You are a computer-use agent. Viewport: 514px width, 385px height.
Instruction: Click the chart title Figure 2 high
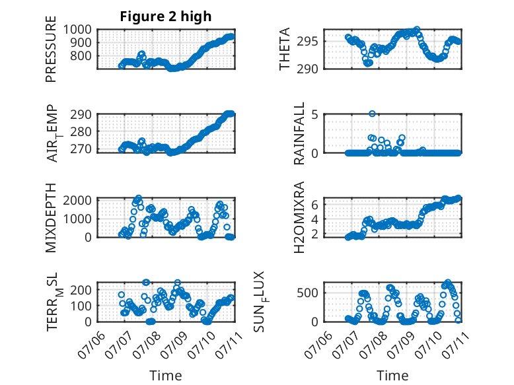(166, 17)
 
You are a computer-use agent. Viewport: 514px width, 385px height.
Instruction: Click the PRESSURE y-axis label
(51, 49)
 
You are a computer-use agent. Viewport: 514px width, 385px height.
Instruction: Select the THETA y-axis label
(285, 49)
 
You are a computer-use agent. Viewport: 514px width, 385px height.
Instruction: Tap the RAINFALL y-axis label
(299, 133)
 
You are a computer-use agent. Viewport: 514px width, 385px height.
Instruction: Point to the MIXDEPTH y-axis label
(51, 218)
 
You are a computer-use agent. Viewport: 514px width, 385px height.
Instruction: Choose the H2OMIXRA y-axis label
(299, 217)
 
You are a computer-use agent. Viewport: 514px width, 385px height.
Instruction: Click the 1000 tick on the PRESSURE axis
(77, 30)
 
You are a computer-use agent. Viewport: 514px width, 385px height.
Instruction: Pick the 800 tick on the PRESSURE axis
(81, 56)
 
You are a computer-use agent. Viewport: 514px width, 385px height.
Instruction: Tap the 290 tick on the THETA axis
(307, 69)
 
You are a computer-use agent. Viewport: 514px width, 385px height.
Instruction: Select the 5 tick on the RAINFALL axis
(315, 115)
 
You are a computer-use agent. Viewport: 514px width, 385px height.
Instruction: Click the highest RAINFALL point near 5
(372, 114)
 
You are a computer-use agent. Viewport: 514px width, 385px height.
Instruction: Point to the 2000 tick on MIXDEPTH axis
(77, 200)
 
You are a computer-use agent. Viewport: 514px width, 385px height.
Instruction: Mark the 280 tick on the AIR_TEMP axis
(81, 131)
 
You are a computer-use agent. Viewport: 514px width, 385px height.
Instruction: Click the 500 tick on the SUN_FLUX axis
(307, 293)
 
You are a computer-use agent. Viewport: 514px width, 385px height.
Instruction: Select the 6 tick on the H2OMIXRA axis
(315, 205)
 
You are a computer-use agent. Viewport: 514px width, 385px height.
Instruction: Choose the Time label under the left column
(166, 376)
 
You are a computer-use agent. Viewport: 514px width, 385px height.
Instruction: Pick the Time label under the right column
(392, 376)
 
